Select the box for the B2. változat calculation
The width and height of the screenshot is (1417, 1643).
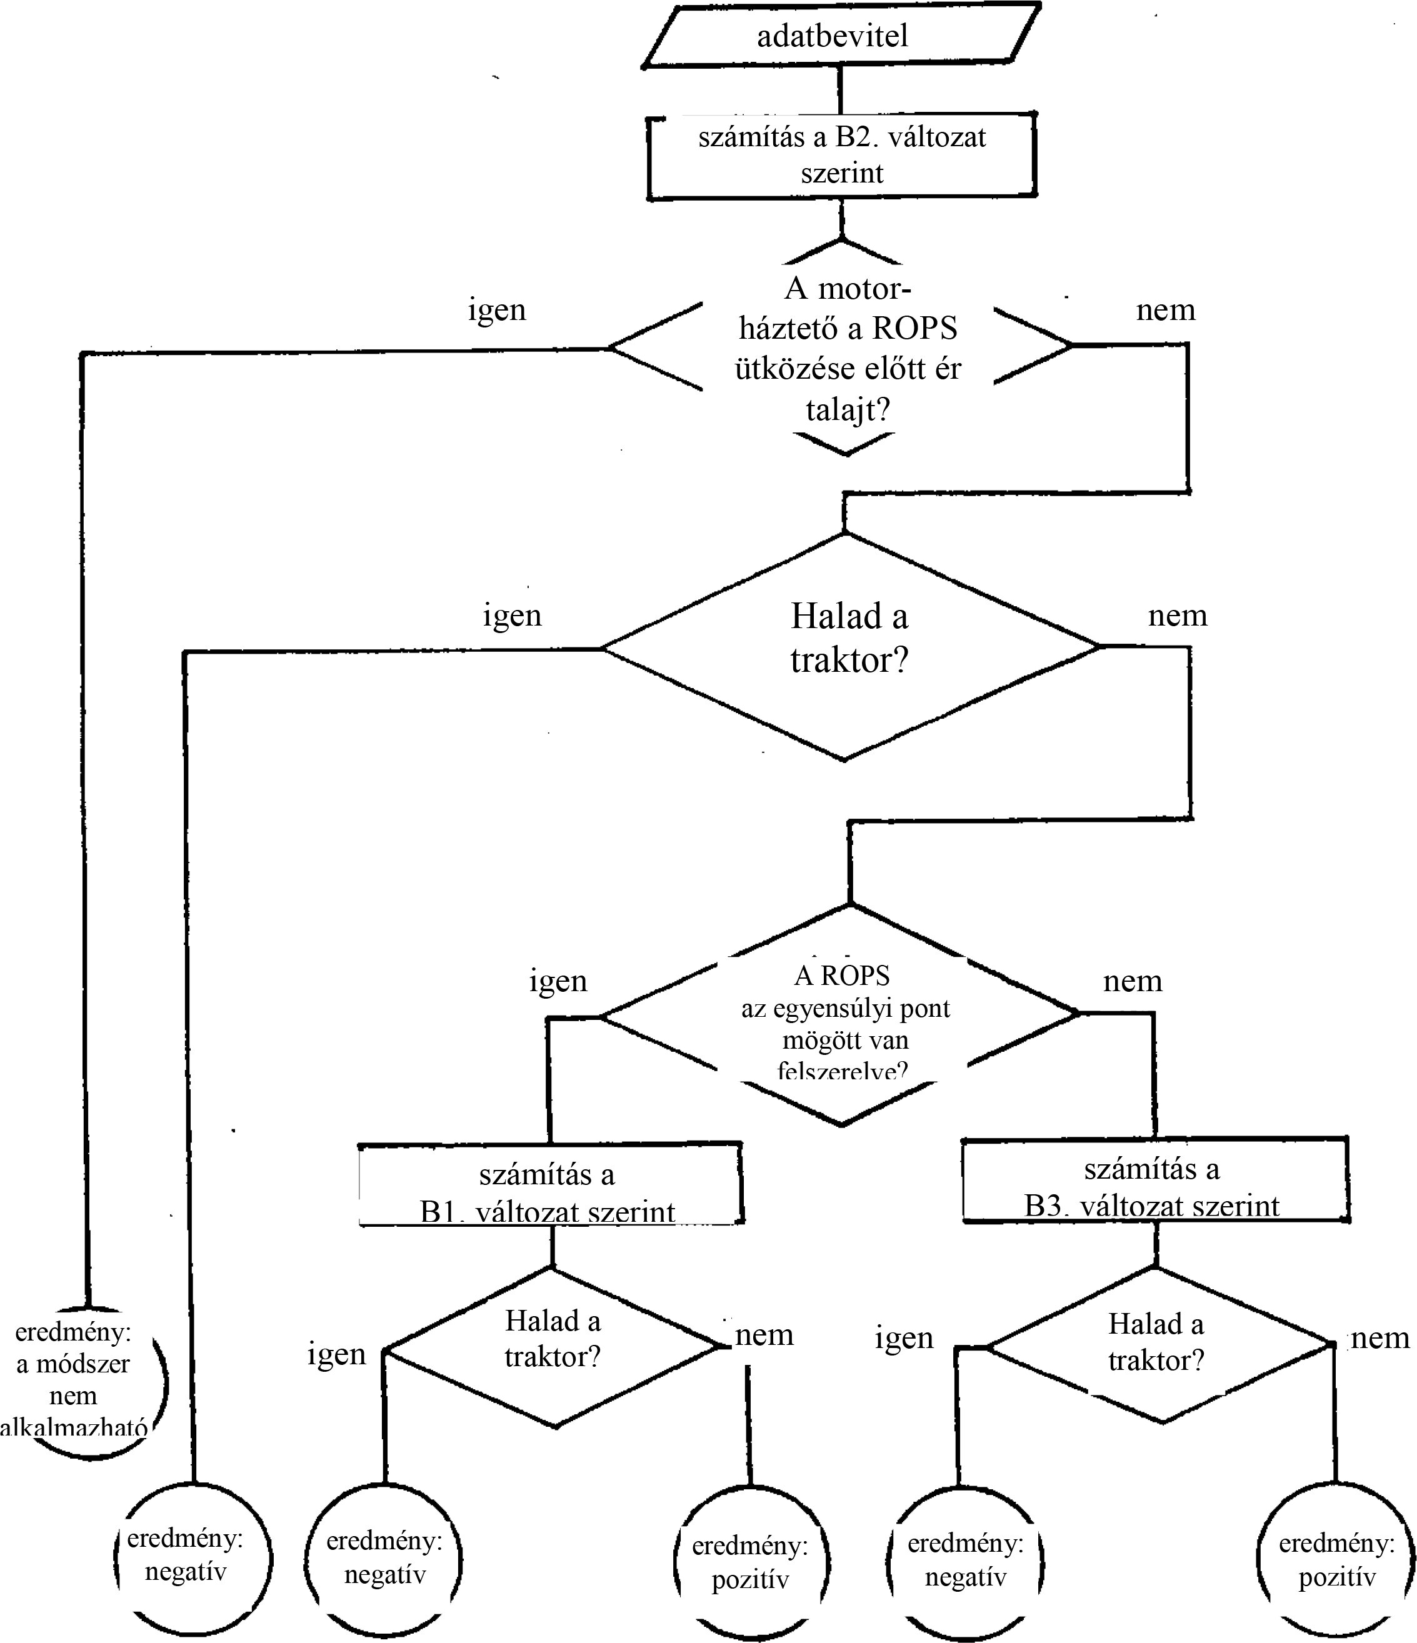coord(841,156)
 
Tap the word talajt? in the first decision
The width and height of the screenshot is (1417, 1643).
coord(847,410)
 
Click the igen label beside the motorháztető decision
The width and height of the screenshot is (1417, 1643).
coord(496,309)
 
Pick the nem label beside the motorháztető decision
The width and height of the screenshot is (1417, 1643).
coord(1165,309)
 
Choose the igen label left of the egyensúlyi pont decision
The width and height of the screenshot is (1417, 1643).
coord(558,982)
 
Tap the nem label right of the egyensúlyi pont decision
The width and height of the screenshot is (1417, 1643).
coord(1133,982)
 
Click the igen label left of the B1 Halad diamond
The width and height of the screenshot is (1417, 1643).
coord(337,1354)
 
